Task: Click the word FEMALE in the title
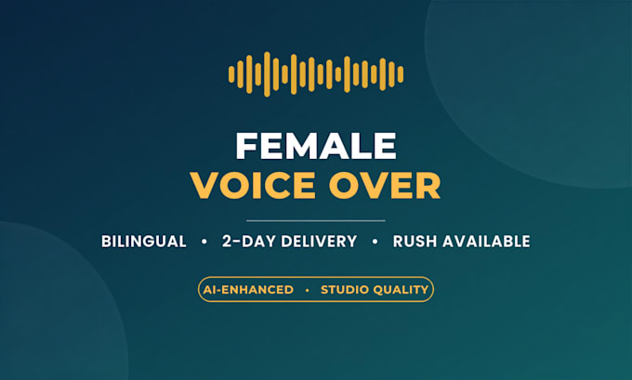[x=316, y=146]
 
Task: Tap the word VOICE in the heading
[x=253, y=186]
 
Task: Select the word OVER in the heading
[x=385, y=186]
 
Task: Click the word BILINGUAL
[x=143, y=242]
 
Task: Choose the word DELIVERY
[x=319, y=242]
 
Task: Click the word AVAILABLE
[x=486, y=242]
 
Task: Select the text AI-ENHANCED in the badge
[x=248, y=290]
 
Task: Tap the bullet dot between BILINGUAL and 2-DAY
[x=204, y=242]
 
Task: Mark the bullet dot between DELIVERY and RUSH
[x=375, y=242]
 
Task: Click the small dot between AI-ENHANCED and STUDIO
[x=308, y=290]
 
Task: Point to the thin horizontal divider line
[x=316, y=221]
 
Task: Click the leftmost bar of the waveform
[x=231, y=74]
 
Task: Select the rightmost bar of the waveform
[x=401, y=74]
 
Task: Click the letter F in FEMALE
[x=246, y=146]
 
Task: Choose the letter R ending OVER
[x=428, y=186]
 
